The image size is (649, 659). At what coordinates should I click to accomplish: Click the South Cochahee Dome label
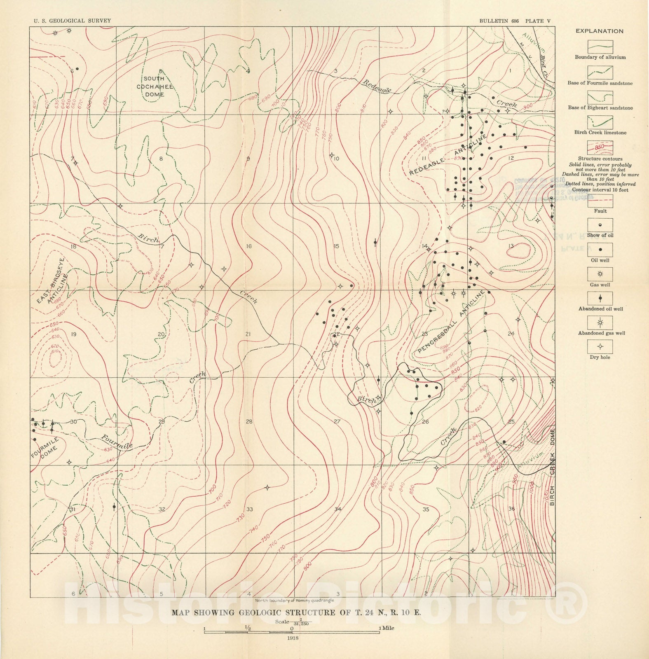tap(155, 86)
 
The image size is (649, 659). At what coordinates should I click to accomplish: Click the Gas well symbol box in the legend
tap(600, 274)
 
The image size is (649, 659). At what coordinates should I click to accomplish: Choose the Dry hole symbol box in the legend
tap(600, 346)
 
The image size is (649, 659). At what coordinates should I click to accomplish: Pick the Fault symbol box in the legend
tap(600, 201)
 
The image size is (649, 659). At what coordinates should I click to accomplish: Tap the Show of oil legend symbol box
tap(600, 225)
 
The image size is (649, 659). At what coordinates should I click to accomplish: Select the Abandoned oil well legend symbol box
tap(600, 298)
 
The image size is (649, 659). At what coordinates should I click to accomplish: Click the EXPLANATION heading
tap(600, 31)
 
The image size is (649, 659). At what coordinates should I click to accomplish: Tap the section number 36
tap(511, 509)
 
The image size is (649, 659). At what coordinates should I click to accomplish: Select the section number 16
tap(249, 246)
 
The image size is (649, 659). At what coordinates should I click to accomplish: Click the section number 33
tap(249, 509)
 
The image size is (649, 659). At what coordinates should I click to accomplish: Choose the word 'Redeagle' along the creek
tap(377, 86)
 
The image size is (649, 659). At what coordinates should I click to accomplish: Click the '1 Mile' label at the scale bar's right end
tap(387, 628)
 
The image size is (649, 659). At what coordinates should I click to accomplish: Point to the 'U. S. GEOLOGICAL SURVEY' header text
tap(72, 21)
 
